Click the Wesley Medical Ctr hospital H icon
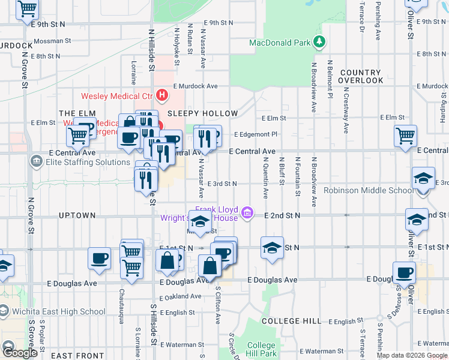[x=161, y=95]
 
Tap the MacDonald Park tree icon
[x=321, y=42]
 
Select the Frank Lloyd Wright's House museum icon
[x=246, y=212]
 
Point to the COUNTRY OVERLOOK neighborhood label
[x=360, y=76]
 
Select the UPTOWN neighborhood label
[x=77, y=215]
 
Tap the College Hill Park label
[x=261, y=349]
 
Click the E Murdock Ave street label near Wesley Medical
[x=195, y=86]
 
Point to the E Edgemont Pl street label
[x=256, y=134]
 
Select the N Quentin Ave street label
[x=265, y=178]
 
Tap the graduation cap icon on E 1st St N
[x=272, y=247]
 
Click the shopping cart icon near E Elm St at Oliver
[x=406, y=135]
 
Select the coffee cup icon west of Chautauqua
[x=99, y=258]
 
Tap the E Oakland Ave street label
[x=180, y=296]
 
